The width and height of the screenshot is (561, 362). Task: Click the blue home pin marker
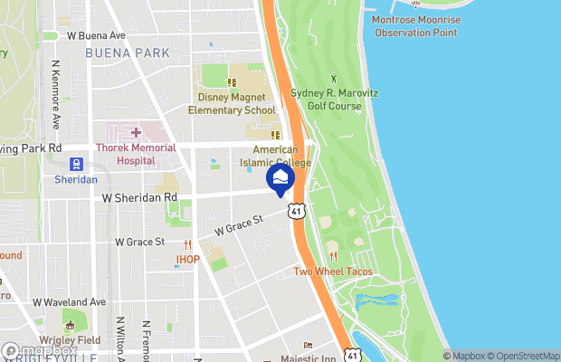tap(280, 177)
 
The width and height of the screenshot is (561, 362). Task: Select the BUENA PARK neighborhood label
tap(127, 53)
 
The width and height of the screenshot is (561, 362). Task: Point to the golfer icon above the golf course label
tap(334, 78)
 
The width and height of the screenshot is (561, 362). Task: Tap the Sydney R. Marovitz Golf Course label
tap(326, 100)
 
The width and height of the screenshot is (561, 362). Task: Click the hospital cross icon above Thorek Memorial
tap(136, 133)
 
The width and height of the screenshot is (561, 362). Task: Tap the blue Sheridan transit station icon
tap(76, 165)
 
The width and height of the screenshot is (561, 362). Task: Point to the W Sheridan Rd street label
tap(139, 196)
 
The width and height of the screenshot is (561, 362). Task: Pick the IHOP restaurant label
tap(187, 260)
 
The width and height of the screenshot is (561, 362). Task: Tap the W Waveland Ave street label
tap(70, 301)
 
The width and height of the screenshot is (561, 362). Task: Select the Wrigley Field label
tap(70, 339)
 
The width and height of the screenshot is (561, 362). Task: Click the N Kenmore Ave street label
tap(56, 95)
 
